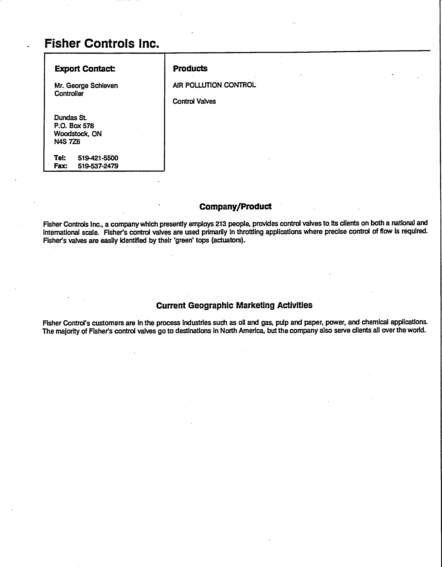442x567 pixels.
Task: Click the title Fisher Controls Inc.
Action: click(x=102, y=43)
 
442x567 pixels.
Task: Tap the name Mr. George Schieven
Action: click(x=86, y=86)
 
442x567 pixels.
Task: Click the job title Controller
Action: click(x=69, y=94)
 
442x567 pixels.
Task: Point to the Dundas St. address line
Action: click(x=70, y=118)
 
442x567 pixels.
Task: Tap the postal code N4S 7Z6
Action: click(x=67, y=142)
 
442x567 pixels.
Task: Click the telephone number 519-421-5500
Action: click(x=98, y=158)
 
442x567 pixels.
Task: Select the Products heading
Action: click(x=190, y=69)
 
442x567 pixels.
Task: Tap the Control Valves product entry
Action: click(x=194, y=101)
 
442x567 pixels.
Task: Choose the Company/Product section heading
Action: click(x=235, y=207)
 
